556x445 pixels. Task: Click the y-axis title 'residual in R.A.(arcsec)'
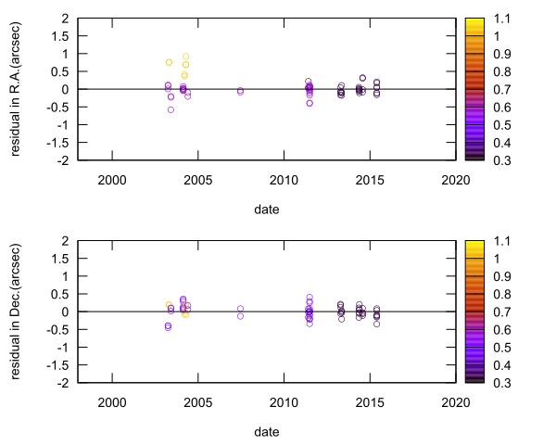point(16,89)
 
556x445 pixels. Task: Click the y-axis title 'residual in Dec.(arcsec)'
point(16,311)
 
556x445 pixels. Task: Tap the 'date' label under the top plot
point(267,210)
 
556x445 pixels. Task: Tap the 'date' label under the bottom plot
point(267,432)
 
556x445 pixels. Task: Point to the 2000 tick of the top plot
point(111,179)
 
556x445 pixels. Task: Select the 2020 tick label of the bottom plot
point(455,401)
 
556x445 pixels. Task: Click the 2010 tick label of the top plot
point(283,179)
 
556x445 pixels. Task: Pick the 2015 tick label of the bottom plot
point(369,401)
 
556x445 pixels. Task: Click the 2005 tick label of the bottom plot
point(197,401)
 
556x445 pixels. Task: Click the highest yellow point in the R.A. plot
point(185,57)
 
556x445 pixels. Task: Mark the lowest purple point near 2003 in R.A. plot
point(171,109)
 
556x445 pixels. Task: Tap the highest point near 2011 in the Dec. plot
point(310,298)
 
